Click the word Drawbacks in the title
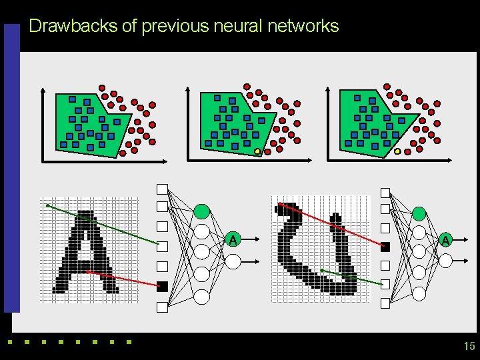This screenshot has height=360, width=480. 73,27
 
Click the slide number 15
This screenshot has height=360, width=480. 469,346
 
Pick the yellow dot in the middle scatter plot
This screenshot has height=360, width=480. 257,151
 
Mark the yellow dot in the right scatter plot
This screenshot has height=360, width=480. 397,151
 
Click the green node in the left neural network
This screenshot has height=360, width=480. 202,211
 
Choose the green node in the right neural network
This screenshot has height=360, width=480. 419,213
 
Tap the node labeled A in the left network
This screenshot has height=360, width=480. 232,239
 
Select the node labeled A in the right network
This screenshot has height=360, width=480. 445,240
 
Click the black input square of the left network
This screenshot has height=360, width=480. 161,287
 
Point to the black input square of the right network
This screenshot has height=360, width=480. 385,247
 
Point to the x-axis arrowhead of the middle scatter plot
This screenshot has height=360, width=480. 309,160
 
